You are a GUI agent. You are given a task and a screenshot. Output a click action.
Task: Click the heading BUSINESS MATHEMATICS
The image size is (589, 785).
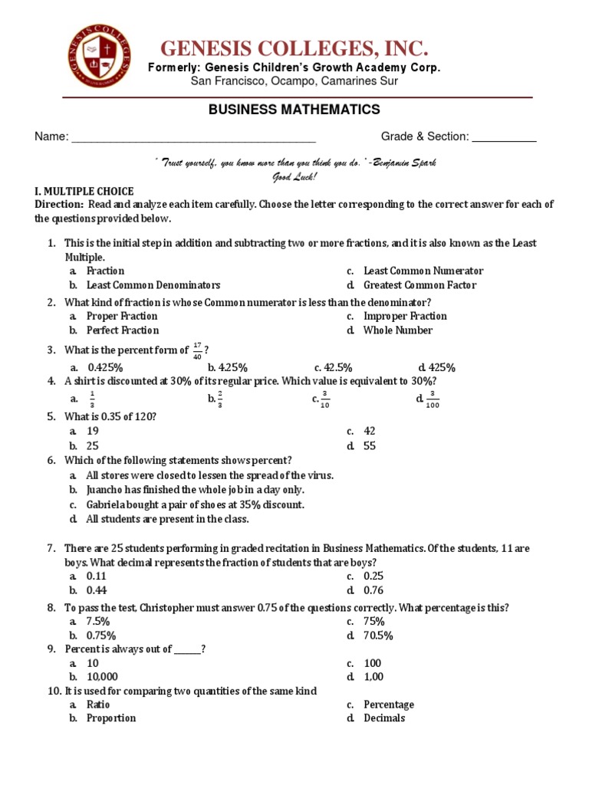(x=294, y=110)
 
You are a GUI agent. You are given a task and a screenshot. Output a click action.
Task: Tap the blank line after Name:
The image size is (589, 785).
(x=192, y=138)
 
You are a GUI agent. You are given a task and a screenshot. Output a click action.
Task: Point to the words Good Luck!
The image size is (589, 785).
(x=294, y=177)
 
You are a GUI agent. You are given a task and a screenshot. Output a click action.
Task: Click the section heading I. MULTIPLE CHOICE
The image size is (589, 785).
(x=84, y=191)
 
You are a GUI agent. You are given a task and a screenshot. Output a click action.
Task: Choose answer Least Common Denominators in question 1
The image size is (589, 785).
(x=153, y=285)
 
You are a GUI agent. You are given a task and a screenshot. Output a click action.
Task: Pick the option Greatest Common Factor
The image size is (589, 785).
(x=420, y=285)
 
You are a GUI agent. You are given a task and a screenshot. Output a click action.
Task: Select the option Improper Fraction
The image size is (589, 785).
(x=405, y=316)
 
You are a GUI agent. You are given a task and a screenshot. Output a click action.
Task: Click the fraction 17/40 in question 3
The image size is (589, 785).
(x=197, y=350)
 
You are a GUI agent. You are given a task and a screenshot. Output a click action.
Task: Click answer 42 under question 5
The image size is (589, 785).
(x=370, y=432)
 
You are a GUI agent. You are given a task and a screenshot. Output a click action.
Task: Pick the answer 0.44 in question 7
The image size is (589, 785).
(x=96, y=590)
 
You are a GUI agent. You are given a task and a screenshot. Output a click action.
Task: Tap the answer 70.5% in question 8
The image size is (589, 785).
(x=378, y=636)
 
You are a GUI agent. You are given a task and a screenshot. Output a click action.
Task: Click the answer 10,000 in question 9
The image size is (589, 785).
(x=102, y=677)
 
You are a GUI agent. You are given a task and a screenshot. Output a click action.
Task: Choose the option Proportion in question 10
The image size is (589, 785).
(x=110, y=718)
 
